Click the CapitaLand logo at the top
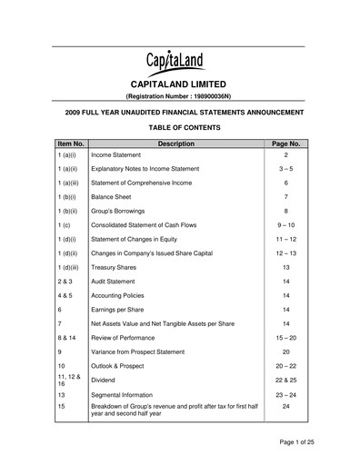click(180, 64)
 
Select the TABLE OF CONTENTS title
click(180, 127)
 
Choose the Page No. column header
click(285, 143)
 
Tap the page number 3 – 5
click(285, 170)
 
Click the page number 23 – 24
click(285, 395)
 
